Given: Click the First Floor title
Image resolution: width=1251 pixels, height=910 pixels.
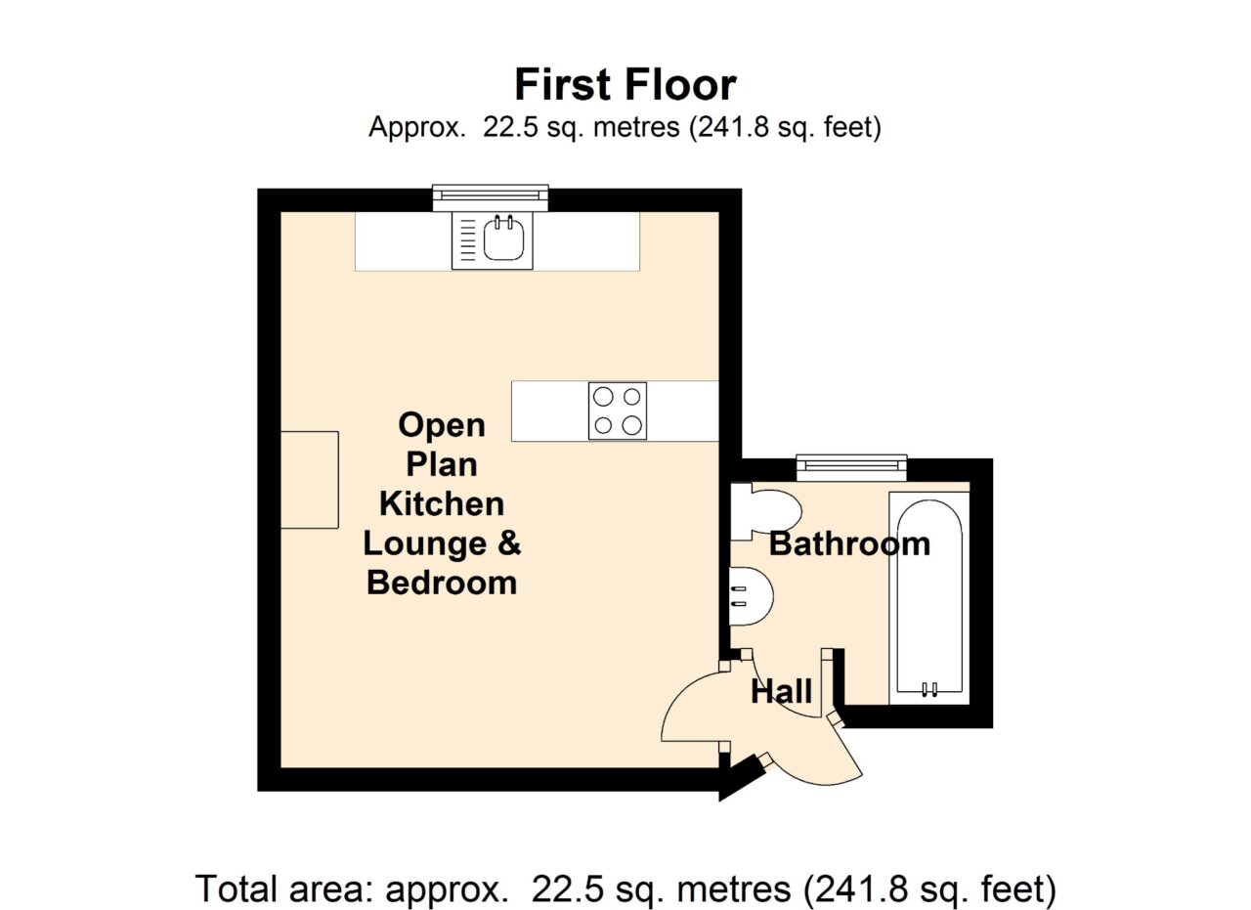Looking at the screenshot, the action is pos(625,85).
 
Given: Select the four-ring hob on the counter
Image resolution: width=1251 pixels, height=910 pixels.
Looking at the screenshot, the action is pos(617,412).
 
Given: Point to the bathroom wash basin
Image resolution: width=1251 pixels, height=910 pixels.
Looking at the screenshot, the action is pos(752,596).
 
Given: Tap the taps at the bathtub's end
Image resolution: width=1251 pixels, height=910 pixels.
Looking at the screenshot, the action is pos(929,689).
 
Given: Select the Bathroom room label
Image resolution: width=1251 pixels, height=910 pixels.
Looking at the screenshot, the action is pos(849,544).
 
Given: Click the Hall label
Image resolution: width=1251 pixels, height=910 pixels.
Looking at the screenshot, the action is pos(781,692).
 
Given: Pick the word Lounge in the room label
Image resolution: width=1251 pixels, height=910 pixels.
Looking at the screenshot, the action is pos(425,543).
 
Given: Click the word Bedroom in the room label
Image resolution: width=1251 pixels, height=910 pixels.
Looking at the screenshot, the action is pos(442,584).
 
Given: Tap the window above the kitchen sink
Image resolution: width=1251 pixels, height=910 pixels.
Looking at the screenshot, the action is pos(491,197).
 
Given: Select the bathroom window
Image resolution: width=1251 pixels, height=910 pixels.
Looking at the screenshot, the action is pos(851,468).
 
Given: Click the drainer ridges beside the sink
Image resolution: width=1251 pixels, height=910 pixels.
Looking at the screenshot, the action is pos(468,239).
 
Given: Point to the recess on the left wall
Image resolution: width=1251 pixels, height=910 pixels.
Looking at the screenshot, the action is pos(310,480).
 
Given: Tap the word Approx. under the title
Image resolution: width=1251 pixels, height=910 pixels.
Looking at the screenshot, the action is pos(416,128).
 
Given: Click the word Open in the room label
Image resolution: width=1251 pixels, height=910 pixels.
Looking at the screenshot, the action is pos(442,426).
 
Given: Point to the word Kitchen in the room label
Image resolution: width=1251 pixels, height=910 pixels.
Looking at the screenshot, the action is pos(442,504).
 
